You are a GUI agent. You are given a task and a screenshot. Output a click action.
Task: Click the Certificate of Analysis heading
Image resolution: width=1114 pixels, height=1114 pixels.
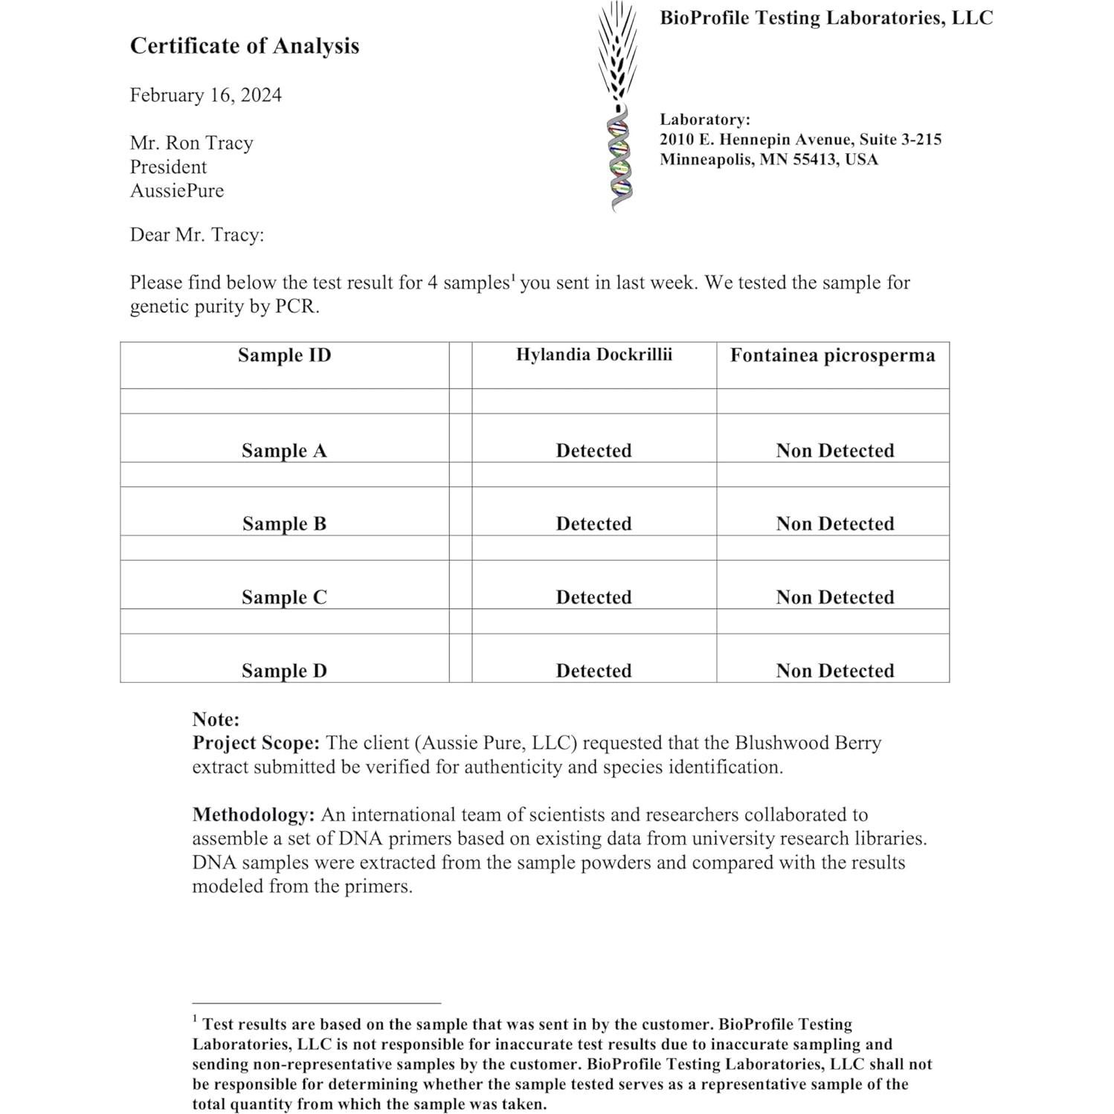(244, 46)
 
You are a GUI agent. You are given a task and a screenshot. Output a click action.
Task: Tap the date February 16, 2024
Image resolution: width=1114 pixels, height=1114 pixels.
(205, 95)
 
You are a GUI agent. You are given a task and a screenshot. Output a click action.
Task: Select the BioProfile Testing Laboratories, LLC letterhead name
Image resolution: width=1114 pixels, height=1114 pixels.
(825, 18)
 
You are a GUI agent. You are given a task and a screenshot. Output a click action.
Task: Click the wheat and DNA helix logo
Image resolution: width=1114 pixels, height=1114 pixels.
(618, 104)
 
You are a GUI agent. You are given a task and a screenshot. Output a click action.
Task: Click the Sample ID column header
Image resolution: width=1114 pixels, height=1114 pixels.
(284, 355)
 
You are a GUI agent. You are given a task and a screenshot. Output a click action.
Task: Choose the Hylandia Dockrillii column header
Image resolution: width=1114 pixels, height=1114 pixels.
(593, 355)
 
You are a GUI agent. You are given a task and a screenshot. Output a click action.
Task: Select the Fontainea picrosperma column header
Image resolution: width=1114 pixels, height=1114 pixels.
(832, 355)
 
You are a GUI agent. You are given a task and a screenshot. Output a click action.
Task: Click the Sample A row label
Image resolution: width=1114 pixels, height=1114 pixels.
(284, 451)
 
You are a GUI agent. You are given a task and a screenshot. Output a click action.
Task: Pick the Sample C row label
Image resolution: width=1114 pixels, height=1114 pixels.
(284, 597)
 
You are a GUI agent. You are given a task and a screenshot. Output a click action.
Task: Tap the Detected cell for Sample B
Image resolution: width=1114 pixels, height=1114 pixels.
(593, 524)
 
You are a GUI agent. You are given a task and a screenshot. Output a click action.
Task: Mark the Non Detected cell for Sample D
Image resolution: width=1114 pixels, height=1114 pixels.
(834, 671)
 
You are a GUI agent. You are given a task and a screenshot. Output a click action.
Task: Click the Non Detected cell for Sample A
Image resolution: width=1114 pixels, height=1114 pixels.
(834, 451)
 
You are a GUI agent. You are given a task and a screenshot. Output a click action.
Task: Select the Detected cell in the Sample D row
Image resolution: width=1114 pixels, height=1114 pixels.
(593, 671)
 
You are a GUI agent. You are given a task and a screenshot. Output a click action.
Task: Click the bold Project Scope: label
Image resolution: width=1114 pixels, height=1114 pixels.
(256, 743)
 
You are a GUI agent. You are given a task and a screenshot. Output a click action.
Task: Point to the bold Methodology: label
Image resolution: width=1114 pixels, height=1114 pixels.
(254, 814)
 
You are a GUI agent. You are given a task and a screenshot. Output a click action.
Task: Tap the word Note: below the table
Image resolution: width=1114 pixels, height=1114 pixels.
(216, 719)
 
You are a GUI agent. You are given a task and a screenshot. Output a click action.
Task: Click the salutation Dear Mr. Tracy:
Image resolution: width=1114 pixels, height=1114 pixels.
(197, 235)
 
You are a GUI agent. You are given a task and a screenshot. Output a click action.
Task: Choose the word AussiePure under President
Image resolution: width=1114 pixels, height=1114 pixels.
(177, 190)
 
